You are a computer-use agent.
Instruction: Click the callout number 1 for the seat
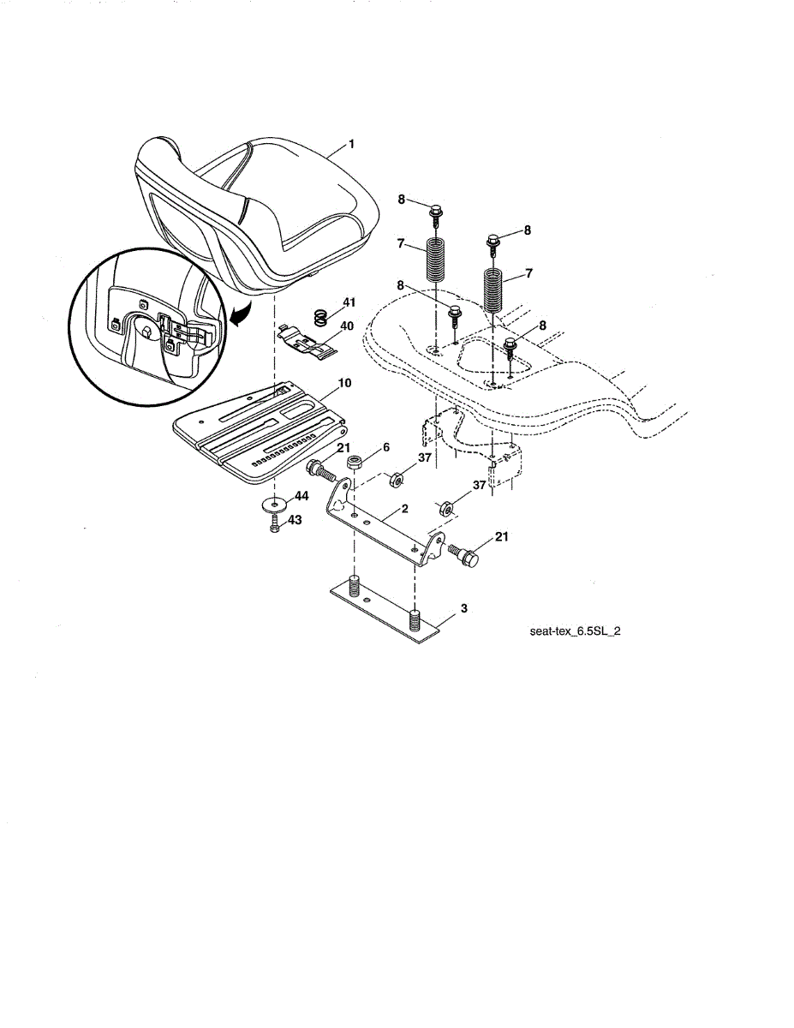[350, 146]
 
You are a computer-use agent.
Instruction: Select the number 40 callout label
[347, 326]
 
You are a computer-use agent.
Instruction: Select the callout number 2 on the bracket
[405, 508]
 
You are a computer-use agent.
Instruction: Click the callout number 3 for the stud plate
[463, 608]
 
